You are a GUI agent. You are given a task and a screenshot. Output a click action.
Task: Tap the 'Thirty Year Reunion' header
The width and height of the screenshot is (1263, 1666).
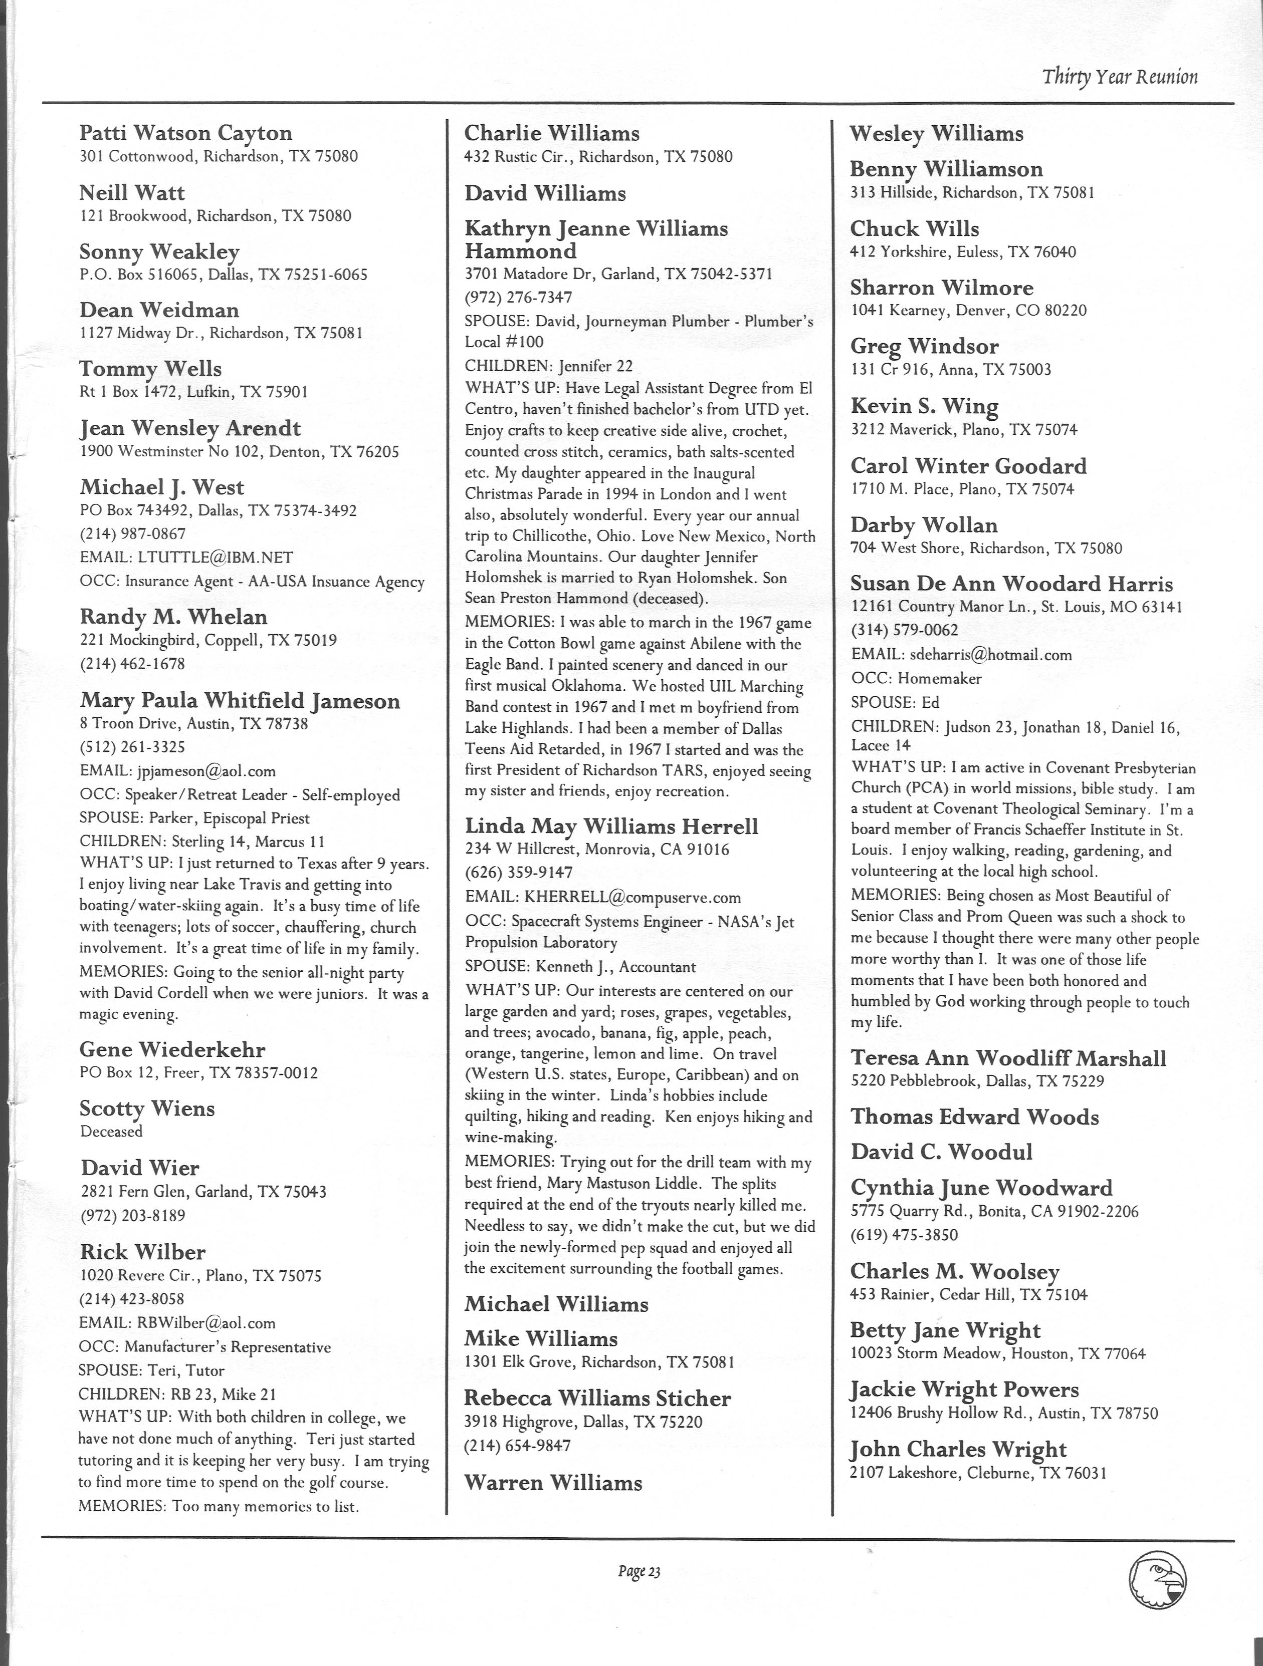[x=1120, y=77]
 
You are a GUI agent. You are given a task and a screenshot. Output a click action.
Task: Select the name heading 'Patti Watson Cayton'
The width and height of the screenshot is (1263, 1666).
[x=185, y=133]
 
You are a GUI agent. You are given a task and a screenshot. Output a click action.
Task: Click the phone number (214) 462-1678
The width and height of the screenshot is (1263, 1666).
[x=133, y=664]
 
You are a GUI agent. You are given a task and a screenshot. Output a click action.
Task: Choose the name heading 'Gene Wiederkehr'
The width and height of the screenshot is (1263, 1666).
[x=172, y=1049]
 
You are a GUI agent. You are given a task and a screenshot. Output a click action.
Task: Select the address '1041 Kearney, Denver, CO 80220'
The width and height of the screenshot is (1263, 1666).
[x=968, y=310]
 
